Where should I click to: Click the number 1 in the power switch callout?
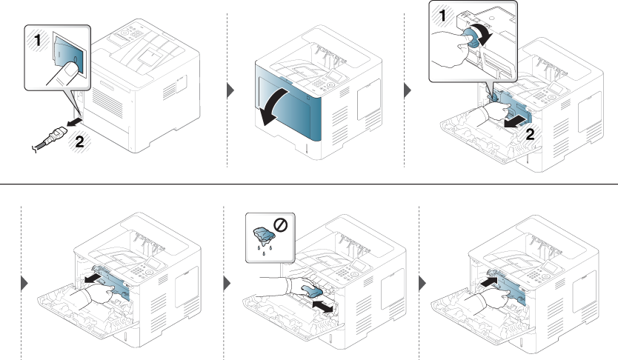click(38, 41)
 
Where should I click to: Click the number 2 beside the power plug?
click(79, 141)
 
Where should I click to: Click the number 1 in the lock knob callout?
click(442, 16)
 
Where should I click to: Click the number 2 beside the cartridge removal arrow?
click(531, 135)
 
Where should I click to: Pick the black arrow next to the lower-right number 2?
click(515, 122)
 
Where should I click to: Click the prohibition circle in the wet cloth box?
click(281, 225)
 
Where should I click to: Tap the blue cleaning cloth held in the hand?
click(311, 290)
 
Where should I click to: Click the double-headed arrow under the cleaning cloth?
click(323, 307)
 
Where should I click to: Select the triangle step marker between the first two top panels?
click(230, 90)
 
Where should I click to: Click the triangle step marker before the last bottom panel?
click(422, 283)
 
